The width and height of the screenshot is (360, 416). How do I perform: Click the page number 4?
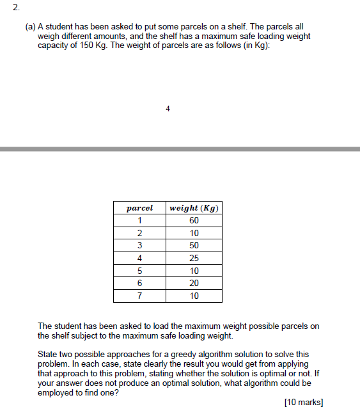(x=168, y=109)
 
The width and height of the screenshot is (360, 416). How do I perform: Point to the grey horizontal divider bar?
(x=180, y=148)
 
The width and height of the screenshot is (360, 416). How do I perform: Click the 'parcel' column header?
(x=139, y=208)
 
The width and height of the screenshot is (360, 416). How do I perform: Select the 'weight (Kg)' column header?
(x=194, y=208)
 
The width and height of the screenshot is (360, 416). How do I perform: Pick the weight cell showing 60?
(x=194, y=221)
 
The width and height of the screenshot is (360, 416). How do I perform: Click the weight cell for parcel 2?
(x=194, y=233)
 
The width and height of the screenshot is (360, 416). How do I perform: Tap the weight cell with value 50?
(x=194, y=246)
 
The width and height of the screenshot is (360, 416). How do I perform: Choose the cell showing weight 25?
(x=194, y=258)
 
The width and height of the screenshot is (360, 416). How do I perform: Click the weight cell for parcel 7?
(x=194, y=296)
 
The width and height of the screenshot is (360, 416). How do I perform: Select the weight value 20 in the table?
(x=194, y=283)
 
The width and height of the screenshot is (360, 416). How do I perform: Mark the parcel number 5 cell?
(x=139, y=271)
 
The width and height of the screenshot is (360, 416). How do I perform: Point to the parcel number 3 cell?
(x=139, y=246)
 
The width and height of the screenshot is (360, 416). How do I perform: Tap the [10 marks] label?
(x=303, y=403)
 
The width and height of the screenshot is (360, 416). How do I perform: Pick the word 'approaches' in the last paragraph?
(x=132, y=354)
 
